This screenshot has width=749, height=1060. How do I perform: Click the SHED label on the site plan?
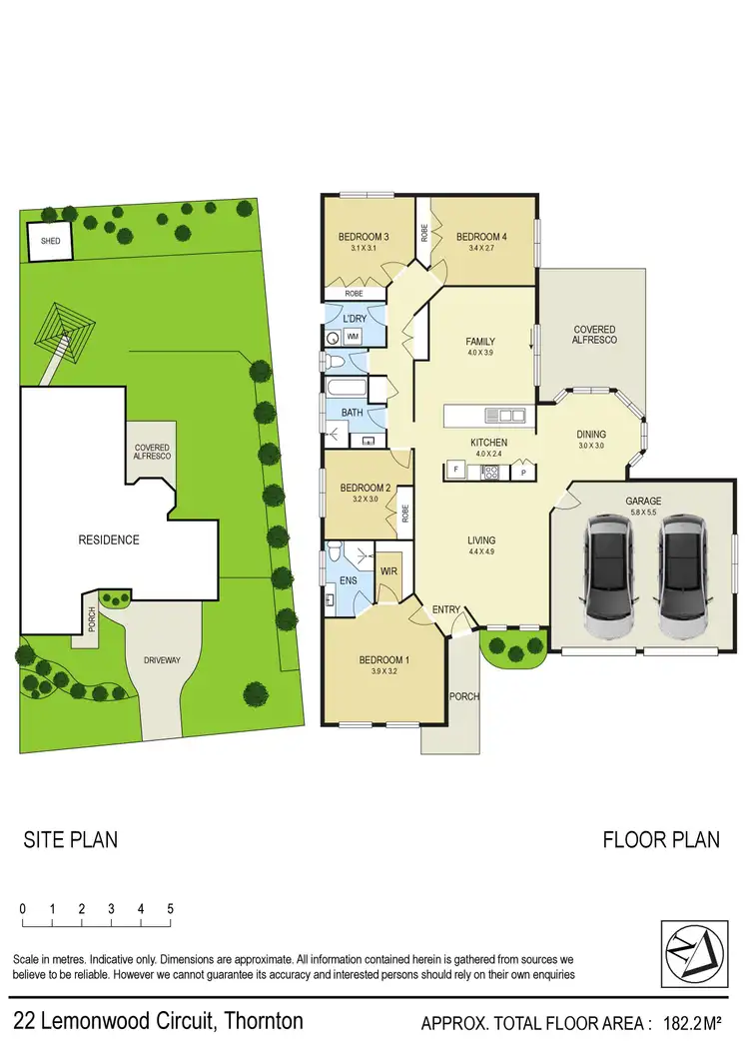[x=50, y=242]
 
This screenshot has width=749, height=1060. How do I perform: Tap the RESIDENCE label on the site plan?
[x=109, y=539]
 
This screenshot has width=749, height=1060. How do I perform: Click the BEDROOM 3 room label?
[x=363, y=237]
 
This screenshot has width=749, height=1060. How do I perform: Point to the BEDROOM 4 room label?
[x=481, y=237]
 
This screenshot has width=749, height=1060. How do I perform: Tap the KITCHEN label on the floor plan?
[x=489, y=442]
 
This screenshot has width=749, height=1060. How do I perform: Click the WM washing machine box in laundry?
[x=352, y=338]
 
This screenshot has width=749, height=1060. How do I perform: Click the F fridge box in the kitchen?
[x=454, y=469]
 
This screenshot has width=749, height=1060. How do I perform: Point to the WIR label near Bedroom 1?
[x=388, y=572]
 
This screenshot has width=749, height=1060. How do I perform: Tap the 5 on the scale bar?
[x=171, y=909]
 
